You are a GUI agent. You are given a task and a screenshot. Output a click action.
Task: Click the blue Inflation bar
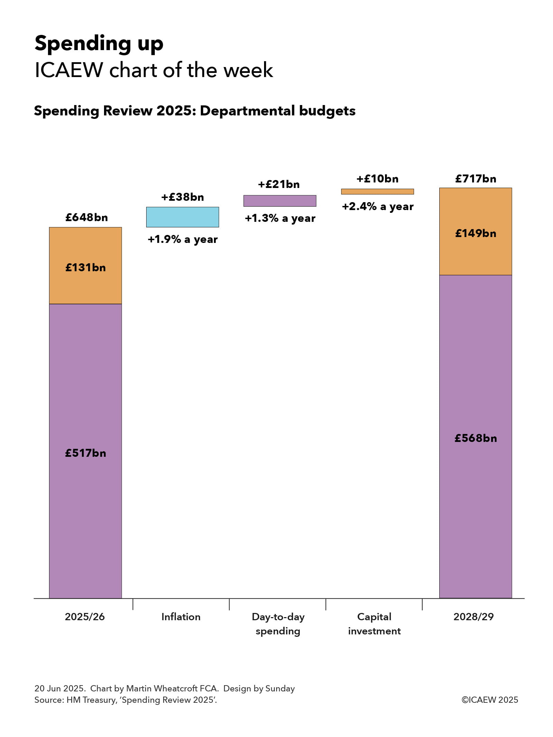pyautogui.click(x=182, y=217)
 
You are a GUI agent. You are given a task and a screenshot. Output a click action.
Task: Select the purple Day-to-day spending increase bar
pyautogui.click(x=280, y=201)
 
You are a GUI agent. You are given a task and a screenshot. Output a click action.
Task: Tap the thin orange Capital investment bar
pyautogui.click(x=377, y=191)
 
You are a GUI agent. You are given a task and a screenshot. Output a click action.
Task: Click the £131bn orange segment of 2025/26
pyautogui.click(x=85, y=265)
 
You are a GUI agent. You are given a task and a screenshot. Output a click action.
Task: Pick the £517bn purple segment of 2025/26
pyautogui.click(x=85, y=451)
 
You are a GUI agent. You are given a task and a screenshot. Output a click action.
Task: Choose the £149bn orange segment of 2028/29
pyautogui.click(x=475, y=232)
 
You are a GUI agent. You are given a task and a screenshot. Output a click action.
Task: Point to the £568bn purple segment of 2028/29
pyautogui.click(x=475, y=436)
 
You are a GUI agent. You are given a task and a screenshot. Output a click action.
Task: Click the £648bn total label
pyautogui.click(x=87, y=217)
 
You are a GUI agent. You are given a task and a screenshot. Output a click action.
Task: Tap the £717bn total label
pyautogui.click(x=476, y=179)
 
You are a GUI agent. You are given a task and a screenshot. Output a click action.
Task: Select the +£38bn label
pyautogui.click(x=182, y=197)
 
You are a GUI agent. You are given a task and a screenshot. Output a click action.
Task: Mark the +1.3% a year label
pyautogui.click(x=280, y=218)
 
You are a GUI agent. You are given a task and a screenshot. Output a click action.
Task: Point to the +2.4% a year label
pyautogui.click(x=377, y=207)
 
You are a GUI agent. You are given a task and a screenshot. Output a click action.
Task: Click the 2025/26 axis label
pyautogui.click(x=85, y=617)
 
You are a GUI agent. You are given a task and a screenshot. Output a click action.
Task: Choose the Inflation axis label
pyautogui.click(x=181, y=617)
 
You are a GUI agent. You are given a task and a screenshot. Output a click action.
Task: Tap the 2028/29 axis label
pyautogui.click(x=474, y=617)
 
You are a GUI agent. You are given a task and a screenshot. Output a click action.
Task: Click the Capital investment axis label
pyautogui.click(x=374, y=624)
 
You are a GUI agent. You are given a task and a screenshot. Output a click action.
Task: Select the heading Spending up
pyautogui.click(x=99, y=44)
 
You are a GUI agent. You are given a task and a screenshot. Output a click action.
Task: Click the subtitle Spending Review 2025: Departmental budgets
pyautogui.click(x=195, y=111)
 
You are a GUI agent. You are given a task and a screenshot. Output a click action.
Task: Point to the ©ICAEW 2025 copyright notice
pyautogui.click(x=490, y=700)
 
